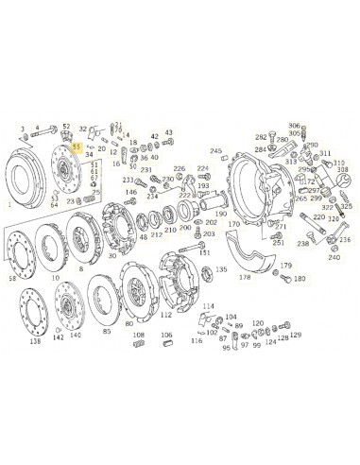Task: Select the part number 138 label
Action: tap(35, 341)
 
